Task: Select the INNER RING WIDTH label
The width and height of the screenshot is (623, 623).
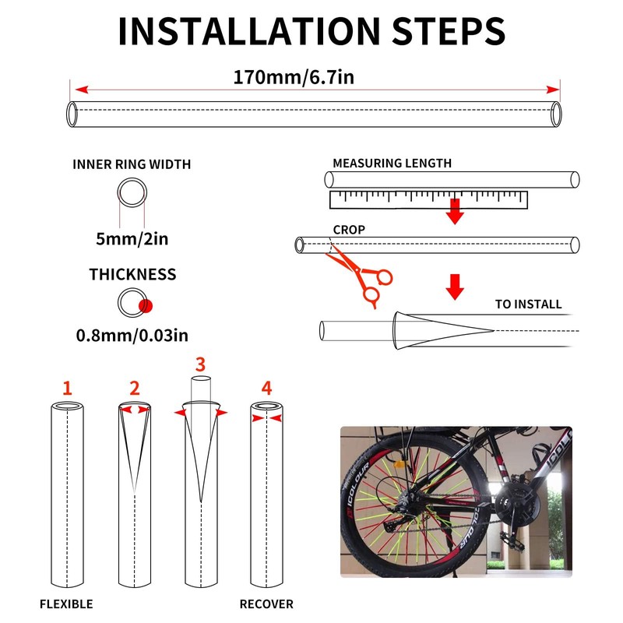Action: pyautogui.click(x=132, y=164)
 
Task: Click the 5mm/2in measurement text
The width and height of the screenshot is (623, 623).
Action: pyautogui.click(x=132, y=238)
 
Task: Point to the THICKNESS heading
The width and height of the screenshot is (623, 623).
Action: pyautogui.click(x=132, y=274)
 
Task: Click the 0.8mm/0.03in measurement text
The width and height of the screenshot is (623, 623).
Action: pyautogui.click(x=132, y=336)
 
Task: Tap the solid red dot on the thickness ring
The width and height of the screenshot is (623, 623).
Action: pyautogui.click(x=144, y=304)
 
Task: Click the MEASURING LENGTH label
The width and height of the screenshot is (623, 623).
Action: pyautogui.click(x=392, y=164)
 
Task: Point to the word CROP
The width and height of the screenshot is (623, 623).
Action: pyautogui.click(x=348, y=230)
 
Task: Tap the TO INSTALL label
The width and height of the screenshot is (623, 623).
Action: pyautogui.click(x=528, y=304)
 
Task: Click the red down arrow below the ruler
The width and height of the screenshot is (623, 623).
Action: pyautogui.click(x=456, y=211)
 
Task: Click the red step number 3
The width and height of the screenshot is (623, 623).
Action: pyautogui.click(x=201, y=364)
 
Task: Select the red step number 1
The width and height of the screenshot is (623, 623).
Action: pyautogui.click(x=67, y=387)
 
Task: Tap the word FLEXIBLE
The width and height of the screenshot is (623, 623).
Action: pyautogui.click(x=66, y=604)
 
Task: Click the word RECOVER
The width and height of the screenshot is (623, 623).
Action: pyautogui.click(x=266, y=604)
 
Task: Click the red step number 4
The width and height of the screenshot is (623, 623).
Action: pyautogui.click(x=267, y=387)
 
